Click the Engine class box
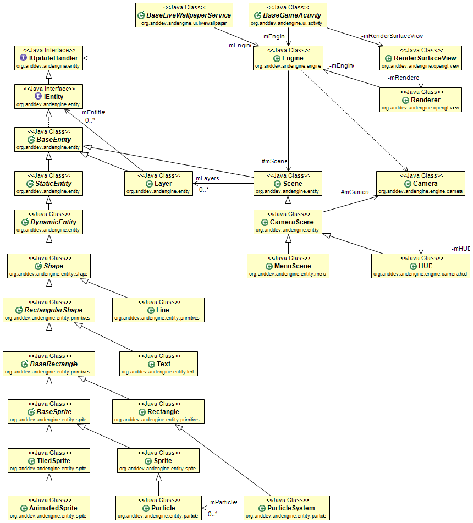(x=288, y=58)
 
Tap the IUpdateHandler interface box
(x=48, y=58)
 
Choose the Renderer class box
(x=421, y=100)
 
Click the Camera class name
(x=425, y=183)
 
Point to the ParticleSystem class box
(x=287, y=508)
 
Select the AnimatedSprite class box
(x=48, y=508)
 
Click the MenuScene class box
(x=288, y=266)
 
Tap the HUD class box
(x=421, y=266)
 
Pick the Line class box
(x=158, y=310)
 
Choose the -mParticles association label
(x=222, y=502)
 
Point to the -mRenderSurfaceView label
(x=392, y=36)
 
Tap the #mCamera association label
(x=354, y=192)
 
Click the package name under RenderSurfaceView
(x=421, y=65)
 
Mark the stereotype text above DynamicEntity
(x=48, y=214)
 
